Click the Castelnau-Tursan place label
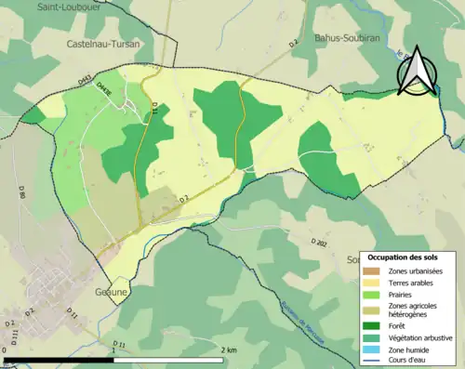click(x=104, y=44)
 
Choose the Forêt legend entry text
click(x=401, y=326)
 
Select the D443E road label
click(x=119, y=91)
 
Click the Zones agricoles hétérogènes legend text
click(x=416, y=310)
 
